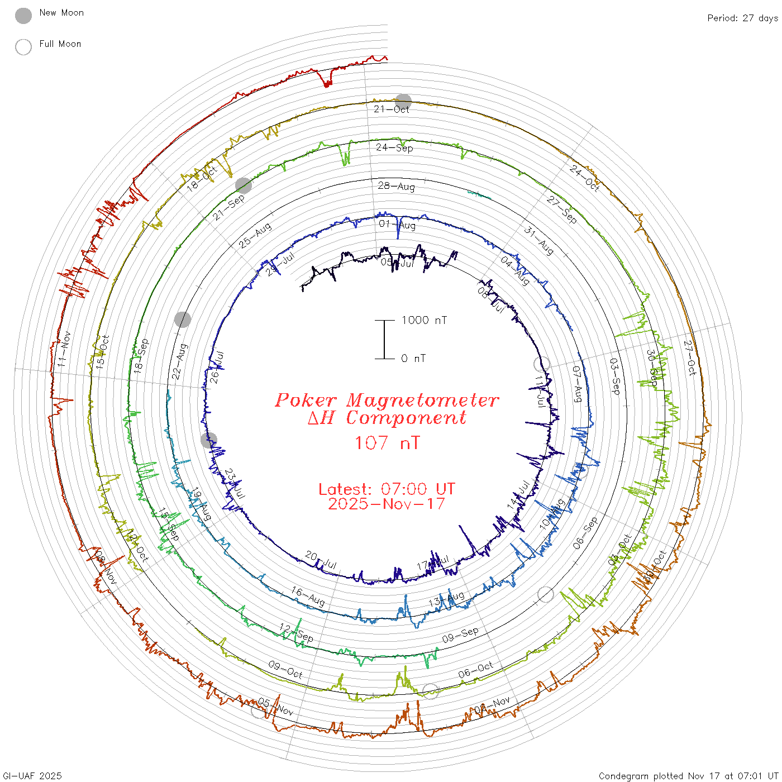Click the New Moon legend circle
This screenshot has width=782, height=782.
[23, 16]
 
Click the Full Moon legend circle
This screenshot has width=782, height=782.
[23, 47]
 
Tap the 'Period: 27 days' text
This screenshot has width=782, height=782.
[742, 18]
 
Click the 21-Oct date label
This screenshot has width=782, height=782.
[391, 109]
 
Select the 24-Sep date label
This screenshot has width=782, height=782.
[394, 147]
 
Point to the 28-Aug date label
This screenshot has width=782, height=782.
[397, 186]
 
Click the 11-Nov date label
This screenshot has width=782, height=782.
[64, 349]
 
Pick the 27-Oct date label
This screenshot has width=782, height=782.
[690, 357]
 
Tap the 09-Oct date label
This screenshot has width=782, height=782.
[285, 670]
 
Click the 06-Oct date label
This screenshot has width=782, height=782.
[476, 670]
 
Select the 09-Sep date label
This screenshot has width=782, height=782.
[460, 635]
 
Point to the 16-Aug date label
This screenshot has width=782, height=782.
[308, 596]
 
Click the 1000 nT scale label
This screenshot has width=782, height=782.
[424, 320]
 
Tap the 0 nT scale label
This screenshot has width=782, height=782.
[413, 359]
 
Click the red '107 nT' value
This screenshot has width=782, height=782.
[387, 443]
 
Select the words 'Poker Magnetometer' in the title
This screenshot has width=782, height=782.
[387, 400]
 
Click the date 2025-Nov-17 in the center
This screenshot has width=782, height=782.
[387, 504]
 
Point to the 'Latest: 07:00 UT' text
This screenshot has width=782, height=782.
[387, 489]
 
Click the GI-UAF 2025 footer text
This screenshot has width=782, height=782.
[32, 776]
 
